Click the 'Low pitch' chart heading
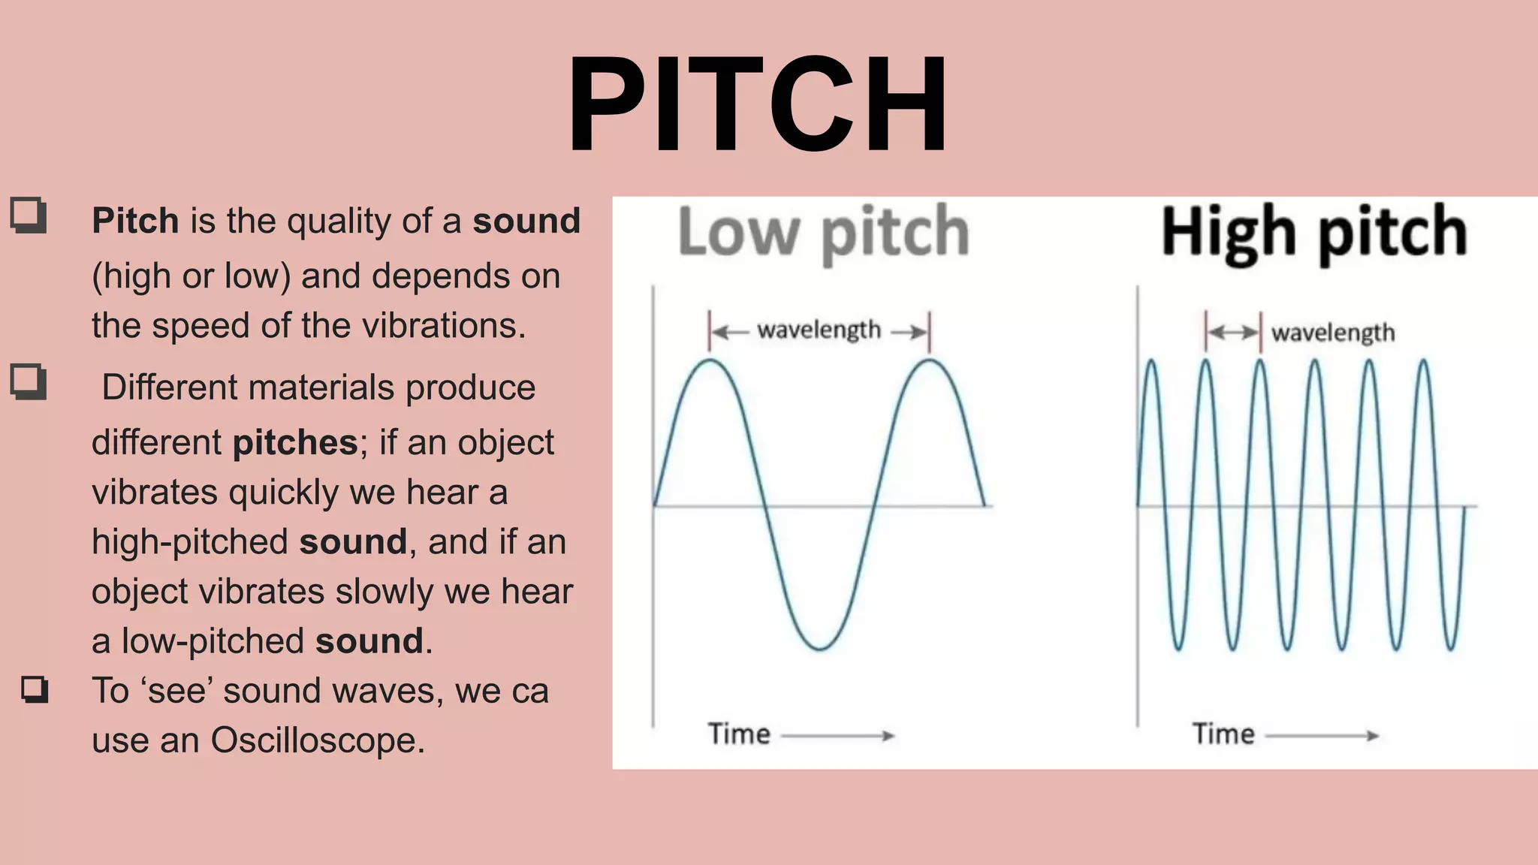pyautogui.click(x=824, y=232)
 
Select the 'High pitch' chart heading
pyautogui.click(x=1314, y=232)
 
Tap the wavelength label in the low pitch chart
pyautogui.click(x=819, y=330)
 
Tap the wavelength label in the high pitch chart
pyautogui.click(x=1333, y=333)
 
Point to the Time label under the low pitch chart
pyautogui.click(x=739, y=734)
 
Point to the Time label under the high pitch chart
pyautogui.click(x=1223, y=734)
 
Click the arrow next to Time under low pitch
pyautogui.click(x=837, y=736)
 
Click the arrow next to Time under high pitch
pyautogui.click(x=1322, y=736)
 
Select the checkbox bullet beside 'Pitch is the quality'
pyautogui.click(x=29, y=216)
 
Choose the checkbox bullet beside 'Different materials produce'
pyautogui.click(x=29, y=382)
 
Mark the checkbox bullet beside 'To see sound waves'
pyautogui.click(x=35, y=689)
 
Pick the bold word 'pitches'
pyautogui.click(x=295, y=442)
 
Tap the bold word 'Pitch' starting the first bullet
pyautogui.click(x=135, y=221)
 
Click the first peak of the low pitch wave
pyautogui.click(x=709, y=361)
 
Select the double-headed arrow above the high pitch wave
pyautogui.click(x=1233, y=332)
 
